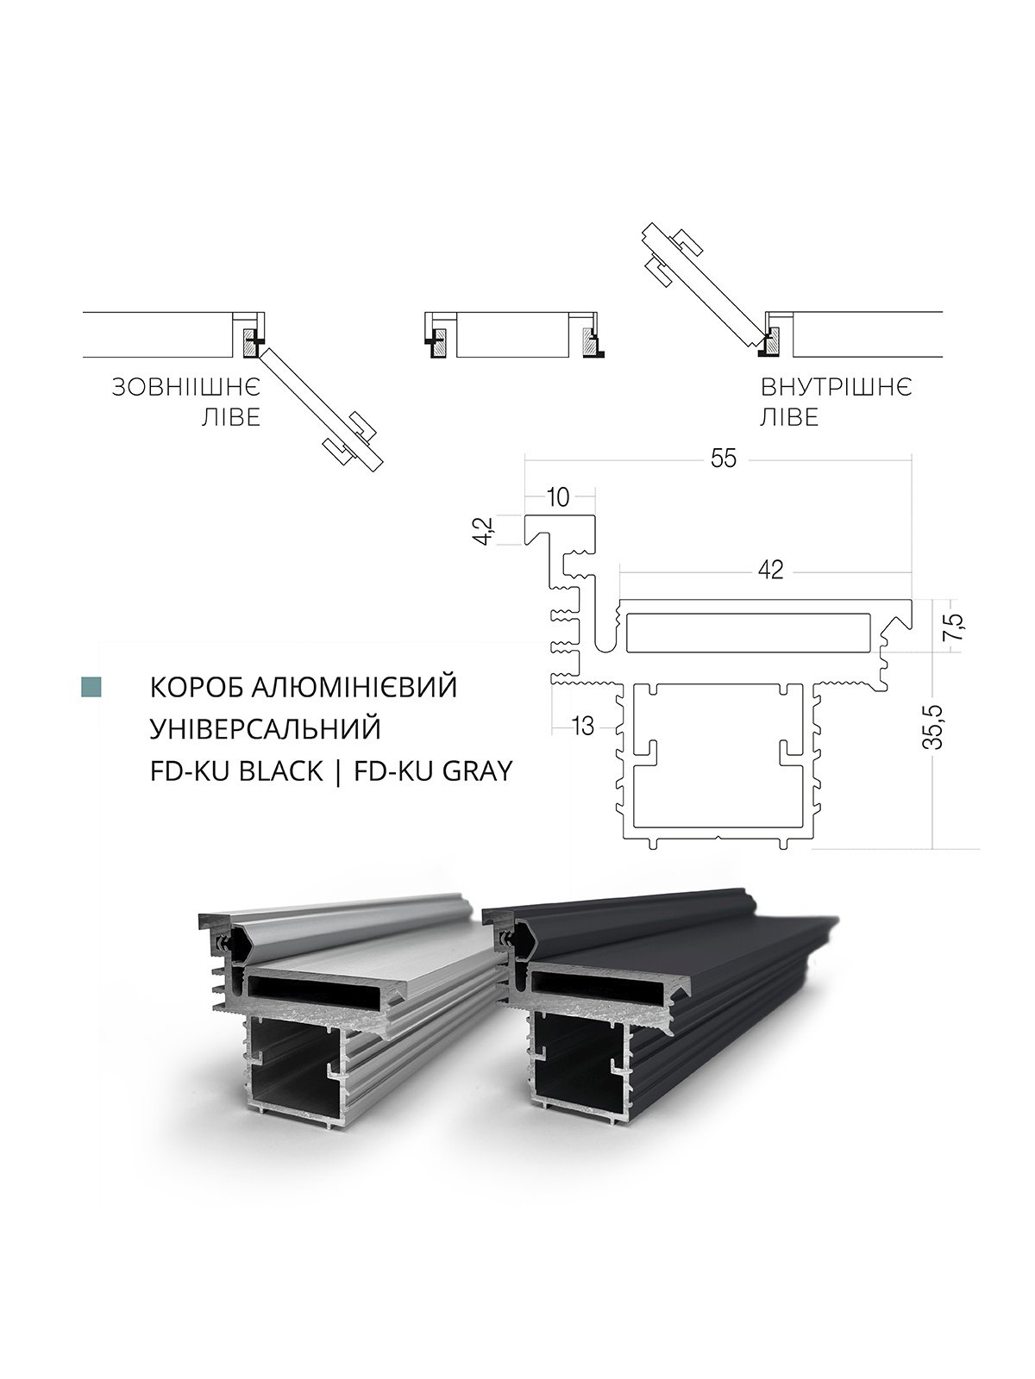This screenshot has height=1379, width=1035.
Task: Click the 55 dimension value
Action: (x=724, y=459)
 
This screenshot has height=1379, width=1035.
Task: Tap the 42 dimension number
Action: (x=770, y=570)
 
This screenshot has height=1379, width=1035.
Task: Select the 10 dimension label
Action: (x=558, y=497)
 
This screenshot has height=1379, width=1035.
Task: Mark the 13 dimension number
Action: (x=582, y=727)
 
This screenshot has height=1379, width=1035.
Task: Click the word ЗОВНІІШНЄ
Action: (x=186, y=388)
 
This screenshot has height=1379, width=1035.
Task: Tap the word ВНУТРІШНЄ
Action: (x=837, y=388)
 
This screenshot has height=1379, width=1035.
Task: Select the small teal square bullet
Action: (x=91, y=687)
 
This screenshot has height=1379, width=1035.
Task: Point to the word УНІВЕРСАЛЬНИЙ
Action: (x=265, y=729)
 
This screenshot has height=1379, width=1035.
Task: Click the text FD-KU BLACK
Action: (x=236, y=771)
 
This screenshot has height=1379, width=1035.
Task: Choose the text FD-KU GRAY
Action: (x=434, y=771)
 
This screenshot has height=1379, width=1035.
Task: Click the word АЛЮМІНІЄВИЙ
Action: (x=354, y=687)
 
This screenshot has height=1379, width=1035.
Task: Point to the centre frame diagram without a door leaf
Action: (x=515, y=335)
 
